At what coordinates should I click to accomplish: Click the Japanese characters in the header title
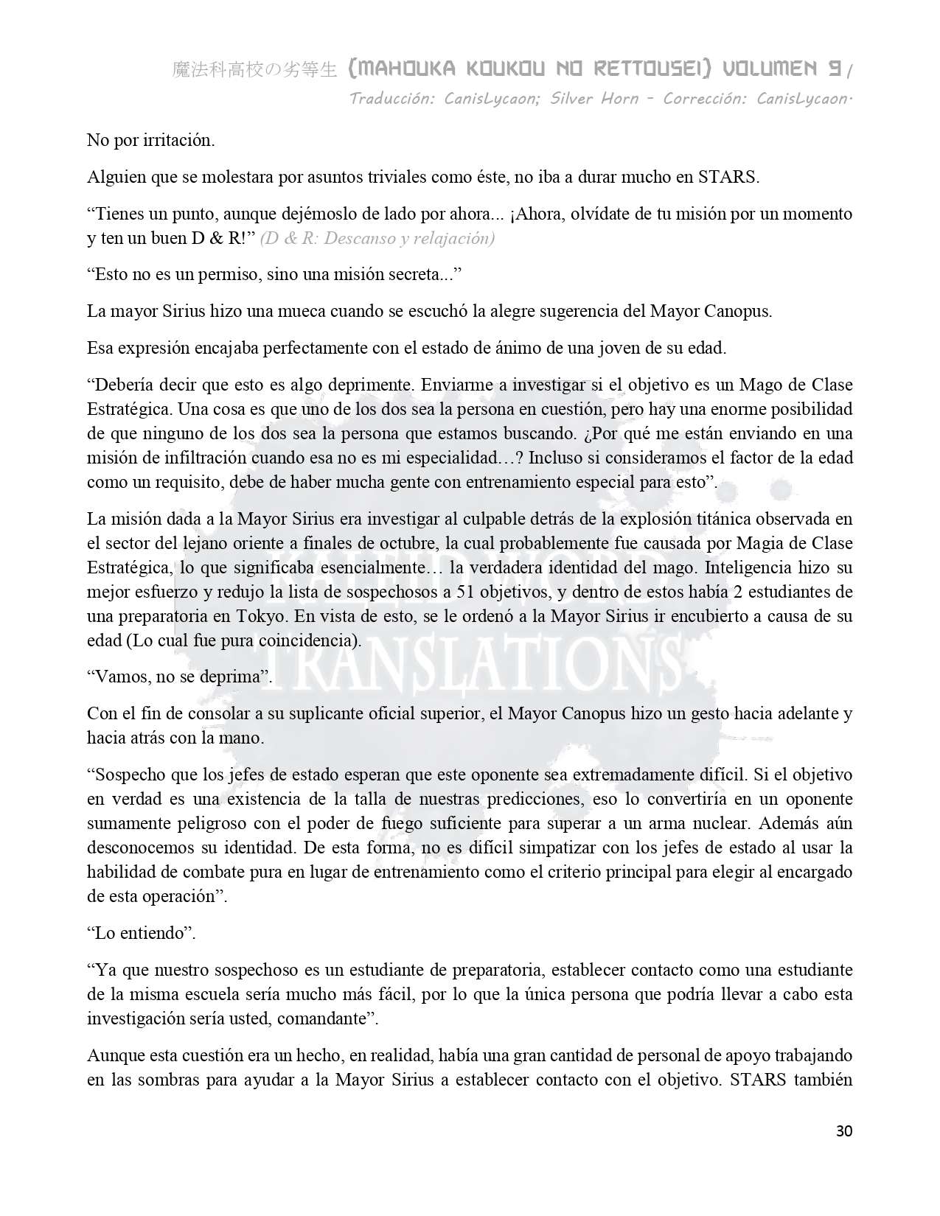254,70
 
